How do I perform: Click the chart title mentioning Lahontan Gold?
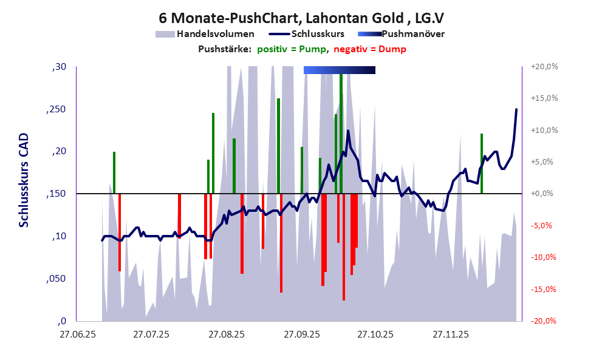click(301, 18)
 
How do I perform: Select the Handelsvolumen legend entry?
click(205, 34)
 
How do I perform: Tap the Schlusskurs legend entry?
click(310, 34)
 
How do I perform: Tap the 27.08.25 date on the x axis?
click(227, 334)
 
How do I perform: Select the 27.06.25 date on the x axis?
click(77, 334)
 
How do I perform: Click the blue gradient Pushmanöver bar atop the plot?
click(339, 70)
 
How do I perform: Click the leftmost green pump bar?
click(114, 172)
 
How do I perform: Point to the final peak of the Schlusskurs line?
click(516, 110)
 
